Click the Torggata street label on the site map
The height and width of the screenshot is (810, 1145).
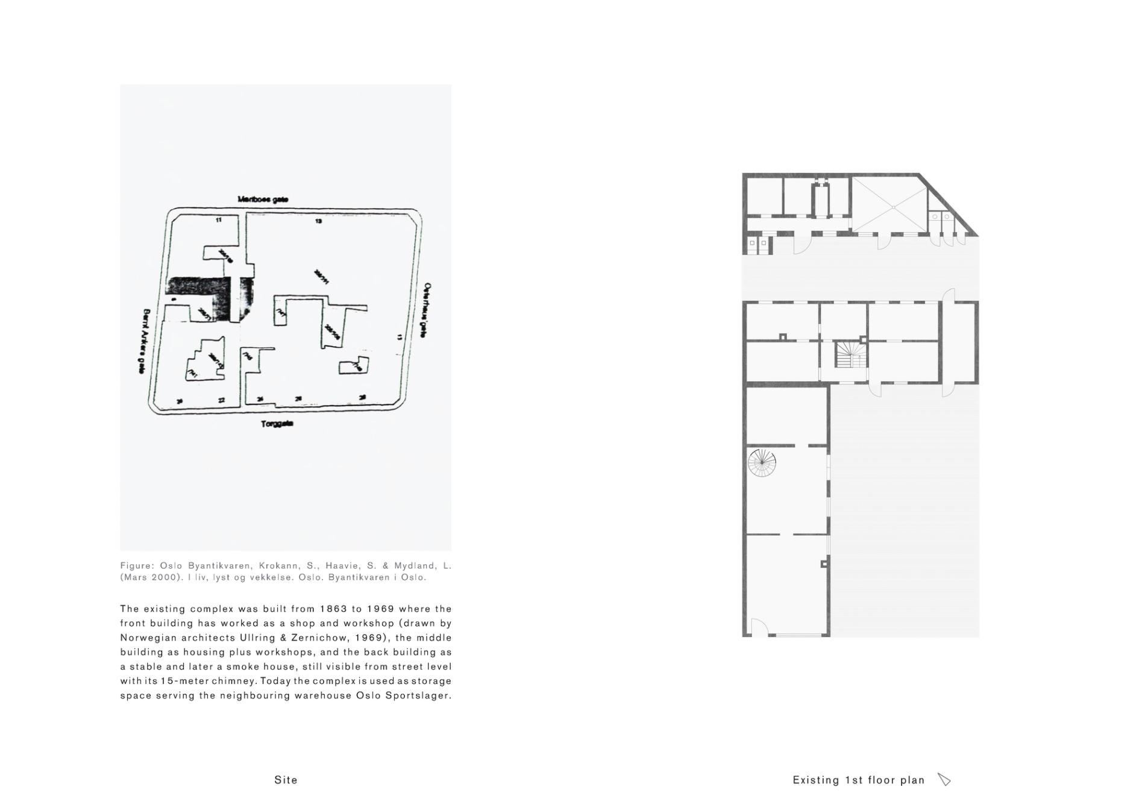coord(277,424)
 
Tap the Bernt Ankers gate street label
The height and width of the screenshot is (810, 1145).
coord(143,342)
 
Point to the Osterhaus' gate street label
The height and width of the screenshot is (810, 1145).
coord(427,310)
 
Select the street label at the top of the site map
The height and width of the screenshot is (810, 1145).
coord(263,199)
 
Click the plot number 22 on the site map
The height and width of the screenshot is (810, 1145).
coord(221,400)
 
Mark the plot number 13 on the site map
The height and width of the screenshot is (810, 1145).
coord(319,221)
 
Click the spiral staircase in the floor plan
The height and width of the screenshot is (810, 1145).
coord(762,463)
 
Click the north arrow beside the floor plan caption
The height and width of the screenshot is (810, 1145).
coord(944,780)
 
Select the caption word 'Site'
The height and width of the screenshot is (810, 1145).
coord(286,780)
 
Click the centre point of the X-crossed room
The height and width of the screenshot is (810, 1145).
coord(893,207)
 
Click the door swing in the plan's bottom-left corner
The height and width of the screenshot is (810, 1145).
coord(758,628)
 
